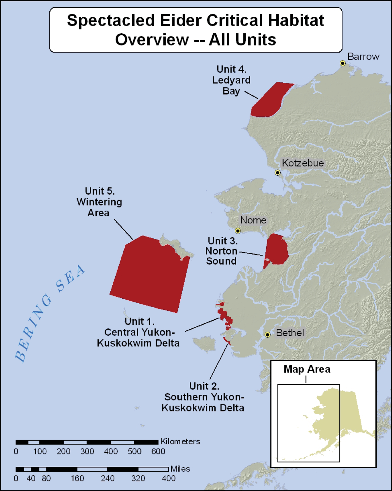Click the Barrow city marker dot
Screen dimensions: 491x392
coord(342,63)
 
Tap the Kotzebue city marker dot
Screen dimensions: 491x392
coord(277,172)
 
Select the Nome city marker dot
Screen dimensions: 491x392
coord(238,231)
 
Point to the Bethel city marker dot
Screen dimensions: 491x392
coord(268,334)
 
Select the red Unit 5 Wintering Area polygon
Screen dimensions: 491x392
coord(150,275)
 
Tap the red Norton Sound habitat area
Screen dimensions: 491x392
coord(276,250)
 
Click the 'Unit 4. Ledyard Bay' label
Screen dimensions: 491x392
coord(231,80)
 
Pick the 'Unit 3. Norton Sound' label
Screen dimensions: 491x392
coord(222,251)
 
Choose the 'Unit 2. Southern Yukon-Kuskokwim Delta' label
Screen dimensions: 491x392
coord(203,397)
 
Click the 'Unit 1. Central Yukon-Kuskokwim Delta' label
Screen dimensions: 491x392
coord(139,332)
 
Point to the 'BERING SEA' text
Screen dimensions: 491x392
coord(49,314)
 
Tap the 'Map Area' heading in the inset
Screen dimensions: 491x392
coord(307,369)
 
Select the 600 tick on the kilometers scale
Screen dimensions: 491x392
coord(158,451)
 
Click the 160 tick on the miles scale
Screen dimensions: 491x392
coord(77,478)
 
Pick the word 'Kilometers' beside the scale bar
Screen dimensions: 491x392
coord(180,442)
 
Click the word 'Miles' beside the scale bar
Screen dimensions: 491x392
coord(180,469)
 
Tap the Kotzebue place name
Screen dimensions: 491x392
coord(303,163)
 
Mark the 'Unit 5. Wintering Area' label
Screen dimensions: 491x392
coord(99,202)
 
